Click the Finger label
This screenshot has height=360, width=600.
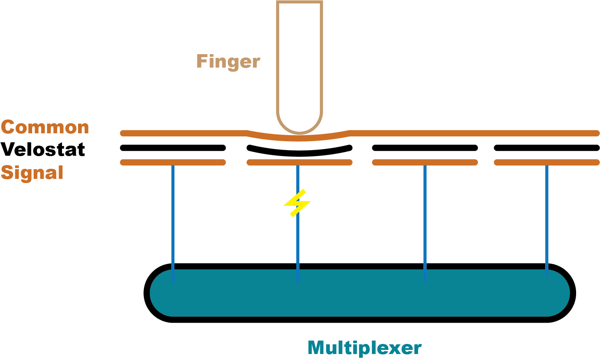[228, 62]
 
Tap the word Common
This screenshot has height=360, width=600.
[45, 127]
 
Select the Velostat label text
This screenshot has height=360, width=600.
[43, 149]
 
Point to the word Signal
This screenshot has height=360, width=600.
[32, 173]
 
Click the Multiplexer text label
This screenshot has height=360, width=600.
[365, 348]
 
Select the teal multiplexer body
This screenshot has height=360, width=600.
[359, 293]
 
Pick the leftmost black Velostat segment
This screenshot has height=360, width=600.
[173, 148]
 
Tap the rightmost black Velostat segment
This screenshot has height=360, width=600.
[547, 148]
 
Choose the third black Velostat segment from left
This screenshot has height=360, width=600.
[425, 148]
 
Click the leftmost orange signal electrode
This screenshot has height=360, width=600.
[173, 162]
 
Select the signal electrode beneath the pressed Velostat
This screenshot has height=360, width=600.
[300, 162]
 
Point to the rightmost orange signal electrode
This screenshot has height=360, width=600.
[547, 162]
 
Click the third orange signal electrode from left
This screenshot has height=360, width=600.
[425, 162]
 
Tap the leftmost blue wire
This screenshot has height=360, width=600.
[173, 224]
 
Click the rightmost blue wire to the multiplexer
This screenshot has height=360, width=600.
[547, 221]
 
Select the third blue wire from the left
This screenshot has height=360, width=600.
[425, 224]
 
